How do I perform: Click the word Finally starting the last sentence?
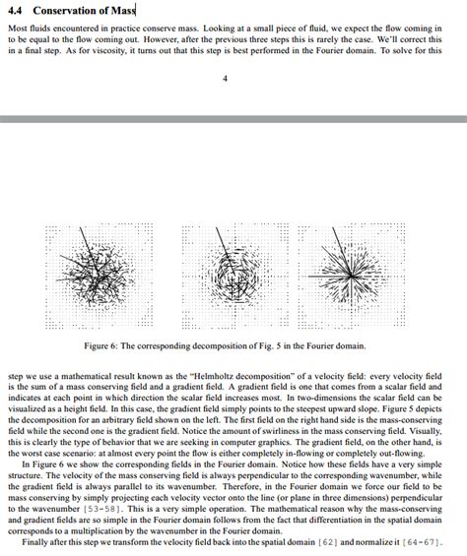click(35, 541)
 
